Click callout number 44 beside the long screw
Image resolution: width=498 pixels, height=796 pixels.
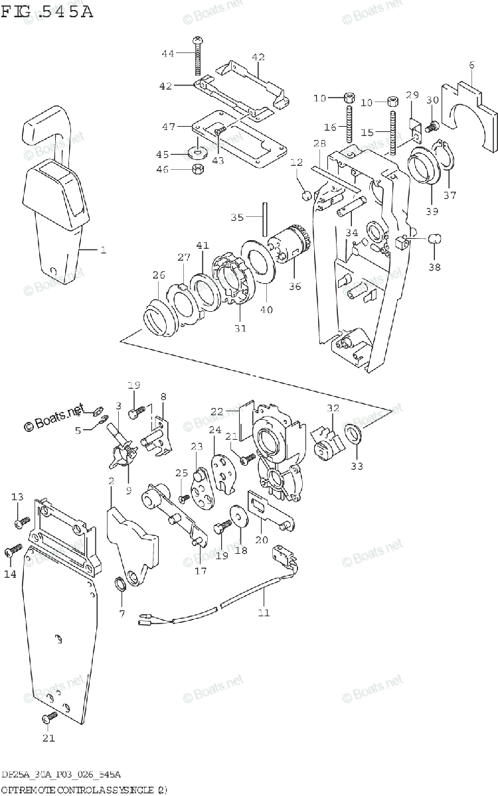(168, 52)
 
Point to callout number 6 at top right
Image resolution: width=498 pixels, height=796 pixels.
(471, 65)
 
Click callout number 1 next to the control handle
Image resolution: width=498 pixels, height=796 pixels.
(103, 250)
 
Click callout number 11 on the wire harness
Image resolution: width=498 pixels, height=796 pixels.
(264, 612)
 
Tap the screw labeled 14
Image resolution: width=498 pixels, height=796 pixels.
(13, 551)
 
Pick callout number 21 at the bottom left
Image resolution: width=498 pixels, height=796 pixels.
(48, 738)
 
